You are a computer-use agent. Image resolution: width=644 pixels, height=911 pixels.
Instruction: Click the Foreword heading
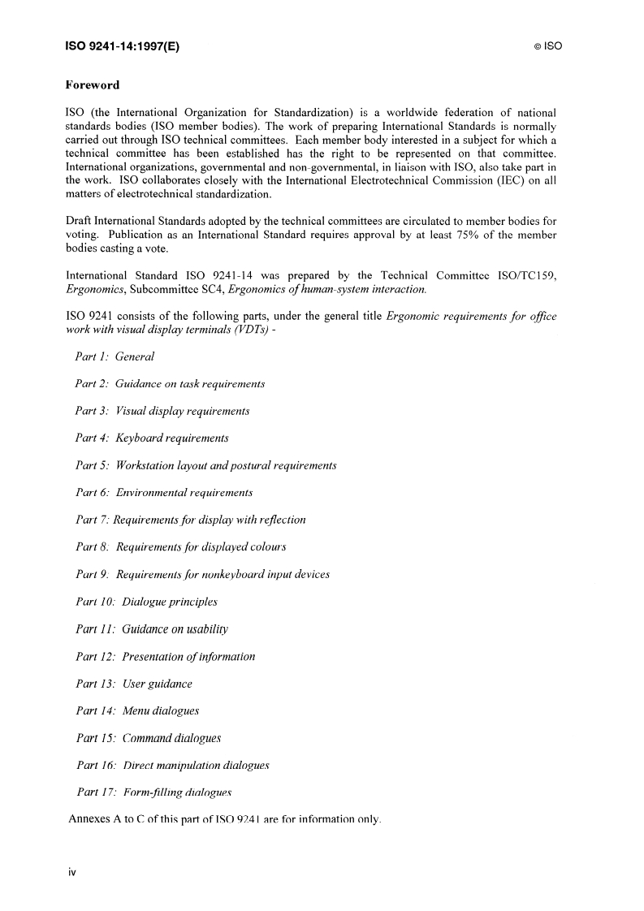pos(92,84)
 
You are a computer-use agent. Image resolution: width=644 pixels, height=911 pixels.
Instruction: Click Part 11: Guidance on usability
pos(152,629)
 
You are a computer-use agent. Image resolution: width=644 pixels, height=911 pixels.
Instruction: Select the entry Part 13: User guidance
pos(134,684)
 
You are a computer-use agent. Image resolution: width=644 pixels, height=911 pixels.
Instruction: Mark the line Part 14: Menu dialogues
pos(137,711)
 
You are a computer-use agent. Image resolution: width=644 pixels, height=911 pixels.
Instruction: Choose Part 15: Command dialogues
pos(149,738)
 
